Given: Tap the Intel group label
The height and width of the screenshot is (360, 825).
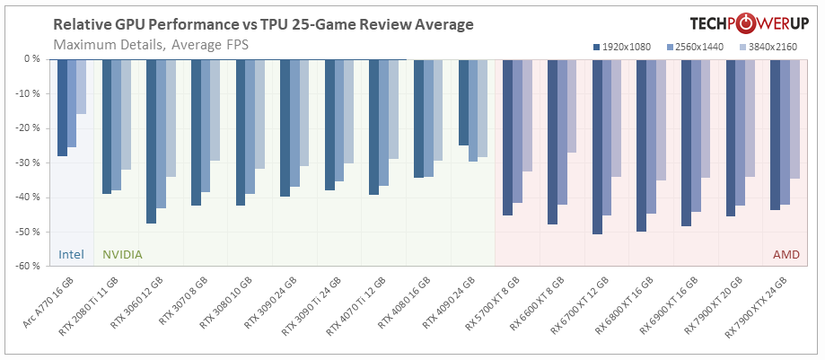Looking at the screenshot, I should [71, 254].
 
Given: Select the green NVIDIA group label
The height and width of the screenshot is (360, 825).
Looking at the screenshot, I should [123, 254].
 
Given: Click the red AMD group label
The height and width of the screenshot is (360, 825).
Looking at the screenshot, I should [787, 254].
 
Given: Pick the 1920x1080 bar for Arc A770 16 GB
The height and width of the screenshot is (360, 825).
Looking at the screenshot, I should [62, 108].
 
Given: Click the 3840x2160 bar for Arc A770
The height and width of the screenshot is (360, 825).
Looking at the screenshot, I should [82, 87].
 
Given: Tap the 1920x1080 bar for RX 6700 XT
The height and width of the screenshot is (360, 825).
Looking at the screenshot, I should [597, 146].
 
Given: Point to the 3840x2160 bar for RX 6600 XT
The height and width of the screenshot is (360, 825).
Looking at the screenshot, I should [572, 106].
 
